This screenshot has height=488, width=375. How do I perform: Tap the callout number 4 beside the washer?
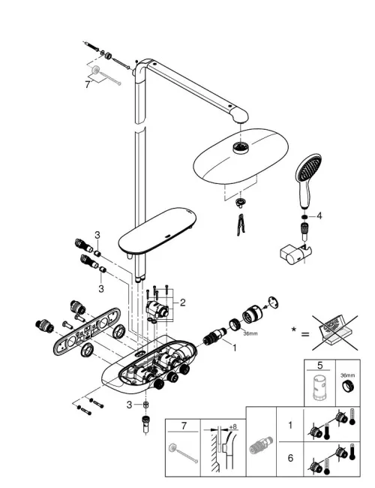click(319, 215)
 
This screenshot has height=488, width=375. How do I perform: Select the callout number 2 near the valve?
click(182, 303)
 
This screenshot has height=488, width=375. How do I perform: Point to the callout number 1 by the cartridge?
click(234, 348)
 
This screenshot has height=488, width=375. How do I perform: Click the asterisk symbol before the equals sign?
click(293, 330)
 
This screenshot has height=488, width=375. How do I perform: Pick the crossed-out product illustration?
click(335, 333)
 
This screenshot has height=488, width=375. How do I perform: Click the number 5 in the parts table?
click(320, 365)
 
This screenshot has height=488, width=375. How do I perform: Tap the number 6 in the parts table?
click(290, 458)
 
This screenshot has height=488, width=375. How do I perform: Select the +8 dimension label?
click(232, 426)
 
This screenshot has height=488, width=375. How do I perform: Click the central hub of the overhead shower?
click(241, 147)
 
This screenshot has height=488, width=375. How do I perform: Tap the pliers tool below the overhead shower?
click(240, 224)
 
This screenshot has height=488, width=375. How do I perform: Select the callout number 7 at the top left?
click(88, 84)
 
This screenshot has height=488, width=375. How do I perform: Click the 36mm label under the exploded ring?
click(250, 333)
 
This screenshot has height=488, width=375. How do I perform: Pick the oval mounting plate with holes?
click(87, 331)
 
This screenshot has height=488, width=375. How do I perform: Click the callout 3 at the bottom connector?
click(130, 405)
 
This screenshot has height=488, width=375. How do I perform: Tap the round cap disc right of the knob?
click(273, 303)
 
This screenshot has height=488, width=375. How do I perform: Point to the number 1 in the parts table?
click(290, 425)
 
